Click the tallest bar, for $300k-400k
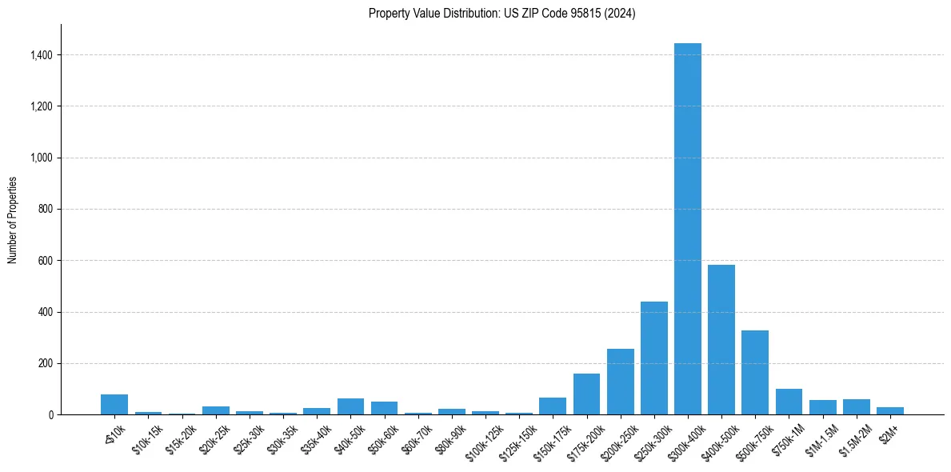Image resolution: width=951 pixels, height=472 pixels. [x=687, y=229]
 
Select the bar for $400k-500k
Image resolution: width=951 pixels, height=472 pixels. [x=721, y=339]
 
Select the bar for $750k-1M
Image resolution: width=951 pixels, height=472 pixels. [x=789, y=402]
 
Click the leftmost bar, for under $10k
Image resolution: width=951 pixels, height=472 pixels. [x=114, y=405]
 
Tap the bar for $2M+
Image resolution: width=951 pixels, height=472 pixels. [x=889, y=411]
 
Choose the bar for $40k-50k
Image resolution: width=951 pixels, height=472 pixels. [x=350, y=406]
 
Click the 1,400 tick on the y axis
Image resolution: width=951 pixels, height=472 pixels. [x=42, y=55]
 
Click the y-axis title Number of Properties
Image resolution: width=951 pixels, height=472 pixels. [x=12, y=220]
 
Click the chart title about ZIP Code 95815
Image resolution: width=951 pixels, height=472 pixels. [x=501, y=13]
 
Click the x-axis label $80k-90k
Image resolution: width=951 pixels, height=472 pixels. [x=450, y=436]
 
